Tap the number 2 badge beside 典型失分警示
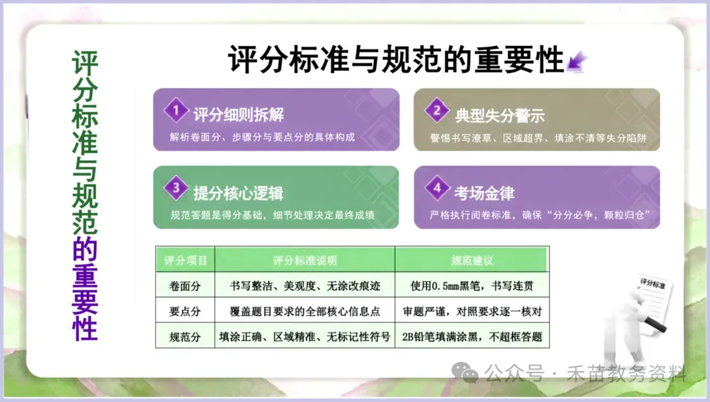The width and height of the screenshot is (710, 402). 436,110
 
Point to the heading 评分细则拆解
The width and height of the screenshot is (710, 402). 239,115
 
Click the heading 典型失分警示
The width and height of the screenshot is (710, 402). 500,115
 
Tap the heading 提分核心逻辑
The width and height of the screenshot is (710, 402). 239,193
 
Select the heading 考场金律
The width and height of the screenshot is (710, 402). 484,193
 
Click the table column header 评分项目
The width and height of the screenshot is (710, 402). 185,261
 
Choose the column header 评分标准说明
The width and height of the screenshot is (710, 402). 304,261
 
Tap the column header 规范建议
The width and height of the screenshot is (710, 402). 471,261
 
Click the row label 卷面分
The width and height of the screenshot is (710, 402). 185,286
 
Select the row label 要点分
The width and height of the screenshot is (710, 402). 185,312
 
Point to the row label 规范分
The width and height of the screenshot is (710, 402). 185,338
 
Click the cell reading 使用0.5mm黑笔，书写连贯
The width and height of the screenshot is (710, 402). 471,286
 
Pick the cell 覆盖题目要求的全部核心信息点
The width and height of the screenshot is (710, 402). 304,312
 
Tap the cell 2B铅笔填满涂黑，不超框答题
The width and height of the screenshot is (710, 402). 471,338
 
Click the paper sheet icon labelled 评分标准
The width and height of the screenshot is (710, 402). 651,299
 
